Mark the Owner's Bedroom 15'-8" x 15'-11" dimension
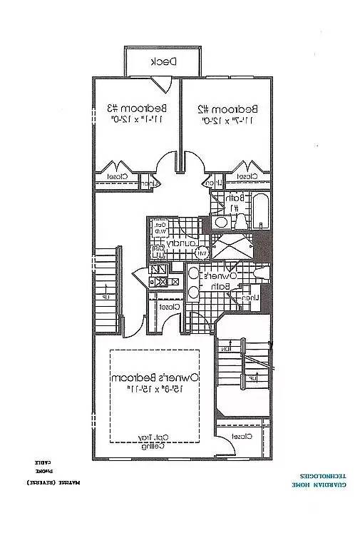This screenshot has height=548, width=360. point(155,388)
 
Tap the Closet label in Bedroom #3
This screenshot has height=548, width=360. point(118,176)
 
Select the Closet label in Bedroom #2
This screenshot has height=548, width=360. point(246,176)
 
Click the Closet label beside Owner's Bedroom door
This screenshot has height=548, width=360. point(169,306)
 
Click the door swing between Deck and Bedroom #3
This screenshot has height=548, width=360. point(163,84)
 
